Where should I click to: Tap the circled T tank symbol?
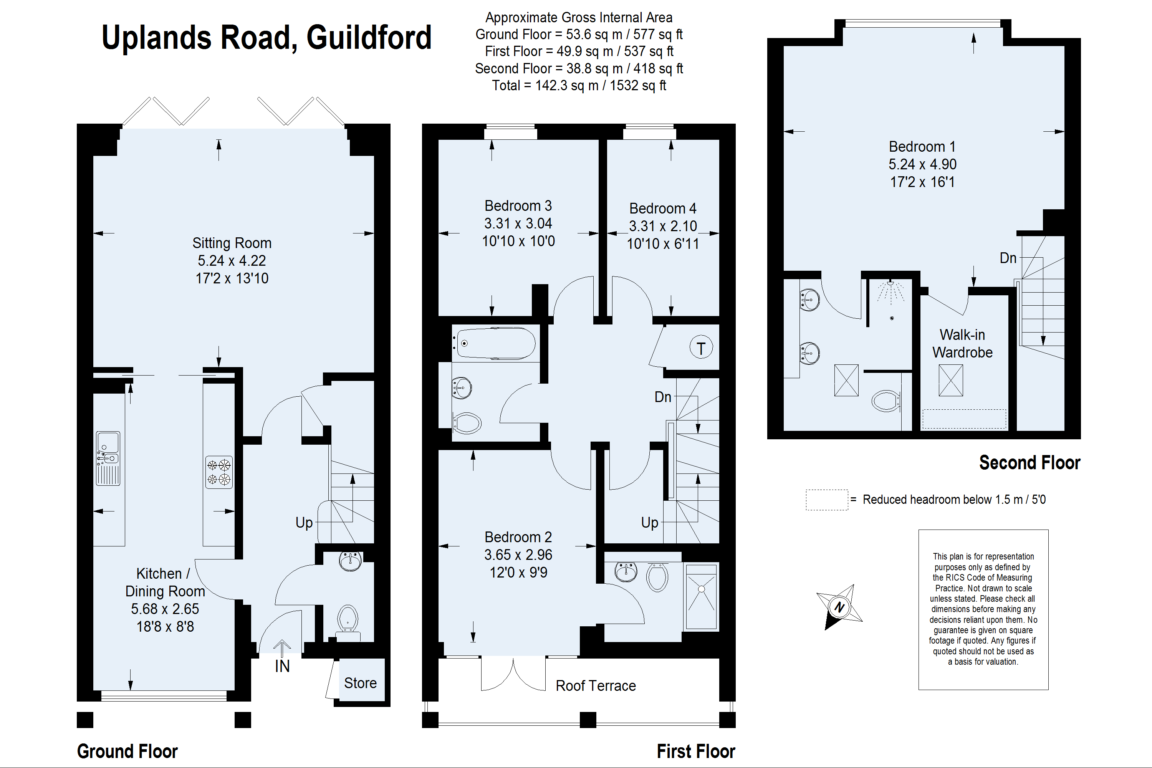pyautogui.click(x=701, y=348)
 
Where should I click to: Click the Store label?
pyautogui.click(x=360, y=683)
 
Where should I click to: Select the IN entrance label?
pyautogui.click(x=282, y=666)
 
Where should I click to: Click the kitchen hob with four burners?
pyautogui.click(x=218, y=472)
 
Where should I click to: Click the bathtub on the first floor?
pyautogui.click(x=495, y=343)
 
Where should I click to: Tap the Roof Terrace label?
pyautogui.click(x=596, y=686)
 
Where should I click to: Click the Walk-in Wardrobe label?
pyautogui.click(x=962, y=343)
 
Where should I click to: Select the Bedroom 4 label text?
pyautogui.click(x=663, y=208)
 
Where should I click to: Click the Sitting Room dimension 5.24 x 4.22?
pyautogui.click(x=232, y=261)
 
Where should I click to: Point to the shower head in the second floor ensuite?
pyautogui.click(x=890, y=284)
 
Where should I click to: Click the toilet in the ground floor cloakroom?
pyautogui.click(x=348, y=620)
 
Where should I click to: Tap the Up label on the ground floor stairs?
pyautogui.click(x=304, y=523)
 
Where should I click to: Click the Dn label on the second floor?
pyautogui.click(x=1008, y=258)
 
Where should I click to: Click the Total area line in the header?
pyautogui.click(x=579, y=85)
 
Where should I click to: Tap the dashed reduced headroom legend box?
pyautogui.click(x=827, y=500)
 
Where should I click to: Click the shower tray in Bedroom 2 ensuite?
pyautogui.click(x=702, y=597)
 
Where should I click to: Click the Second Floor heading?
pyautogui.click(x=1030, y=462)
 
